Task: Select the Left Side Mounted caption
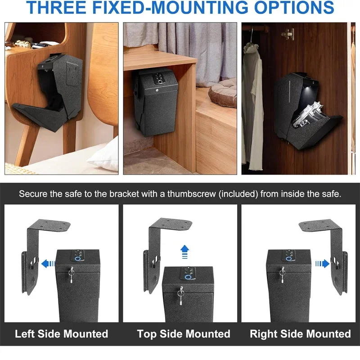(62, 333)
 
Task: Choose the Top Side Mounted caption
(184, 333)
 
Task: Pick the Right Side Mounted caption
(300, 333)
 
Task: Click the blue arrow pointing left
(45, 264)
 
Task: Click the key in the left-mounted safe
(72, 273)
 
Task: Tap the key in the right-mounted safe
(282, 274)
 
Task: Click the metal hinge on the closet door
(288, 34)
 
